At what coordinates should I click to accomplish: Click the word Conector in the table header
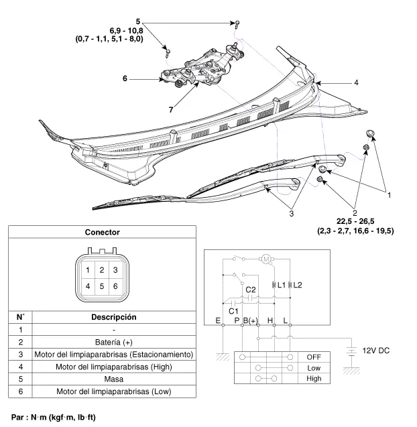click(102, 233)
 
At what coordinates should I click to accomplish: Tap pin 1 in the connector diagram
click(88, 270)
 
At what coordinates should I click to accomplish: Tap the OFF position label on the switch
click(314, 357)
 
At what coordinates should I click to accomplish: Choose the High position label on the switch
click(314, 378)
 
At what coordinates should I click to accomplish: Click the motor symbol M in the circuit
click(265, 259)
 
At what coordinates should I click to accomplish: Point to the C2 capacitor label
click(251, 290)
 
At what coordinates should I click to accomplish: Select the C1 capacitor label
click(234, 311)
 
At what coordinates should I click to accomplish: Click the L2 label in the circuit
click(298, 285)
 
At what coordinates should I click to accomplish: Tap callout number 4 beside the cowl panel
click(356, 82)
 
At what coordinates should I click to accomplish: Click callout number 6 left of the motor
click(125, 78)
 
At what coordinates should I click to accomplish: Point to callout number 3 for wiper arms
click(292, 214)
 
